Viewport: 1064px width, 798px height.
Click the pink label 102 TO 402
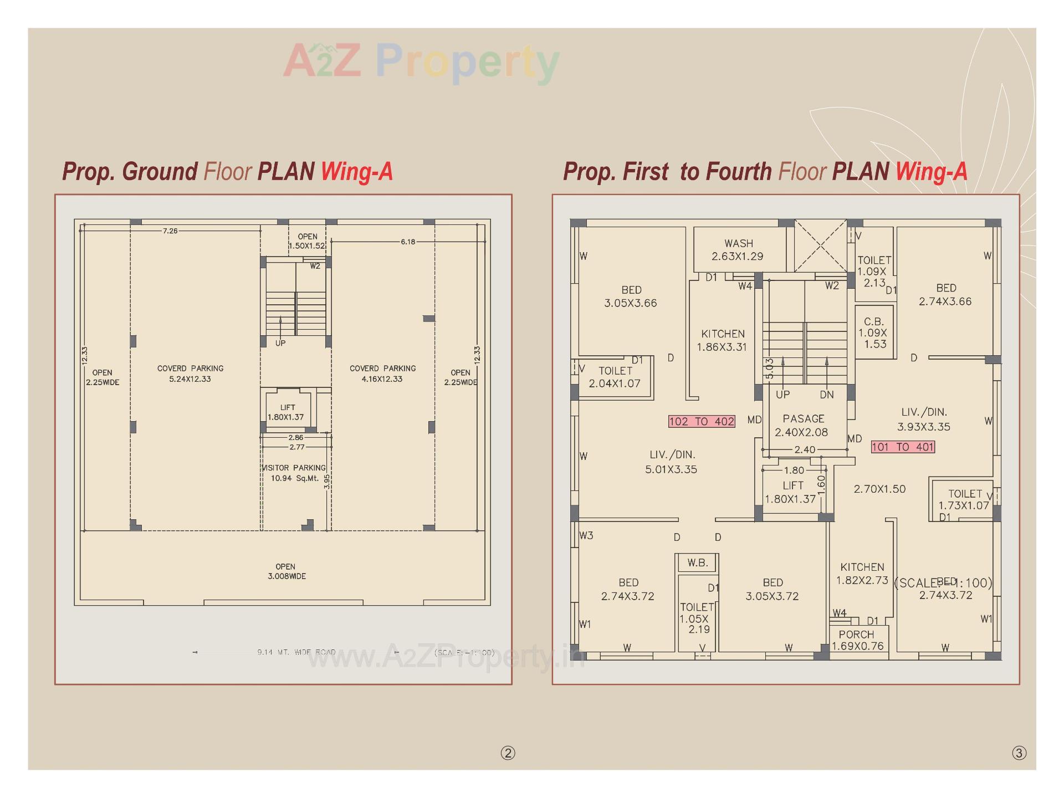[x=702, y=422]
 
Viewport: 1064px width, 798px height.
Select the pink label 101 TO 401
[x=903, y=447]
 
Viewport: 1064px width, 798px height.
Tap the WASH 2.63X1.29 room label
[x=738, y=250]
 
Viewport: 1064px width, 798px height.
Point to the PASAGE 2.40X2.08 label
[x=803, y=426]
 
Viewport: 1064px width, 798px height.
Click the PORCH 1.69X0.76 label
[x=857, y=640]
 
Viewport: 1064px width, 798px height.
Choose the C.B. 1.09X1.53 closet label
[x=873, y=332]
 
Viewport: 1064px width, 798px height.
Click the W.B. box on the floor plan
[x=697, y=563]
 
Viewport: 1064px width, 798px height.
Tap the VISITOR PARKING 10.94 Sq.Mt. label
[x=294, y=473]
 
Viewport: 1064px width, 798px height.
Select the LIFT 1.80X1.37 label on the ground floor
[x=287, y=412]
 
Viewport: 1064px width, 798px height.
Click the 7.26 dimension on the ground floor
[x=170, y=231]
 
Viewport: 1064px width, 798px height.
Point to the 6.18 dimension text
[x=408, y=242]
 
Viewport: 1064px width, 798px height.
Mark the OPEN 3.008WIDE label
[x=286, y=571]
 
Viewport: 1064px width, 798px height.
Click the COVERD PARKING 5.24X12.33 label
[x=190, y=374]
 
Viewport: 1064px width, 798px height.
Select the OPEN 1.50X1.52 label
[x=307, y=241]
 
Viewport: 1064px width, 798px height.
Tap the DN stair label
[x=827, y=395]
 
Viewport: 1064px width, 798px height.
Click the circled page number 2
[x=508, y=753]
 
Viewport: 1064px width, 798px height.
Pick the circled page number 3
[x=1019, y=753]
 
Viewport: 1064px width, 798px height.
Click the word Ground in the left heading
[x=160, y=172]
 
